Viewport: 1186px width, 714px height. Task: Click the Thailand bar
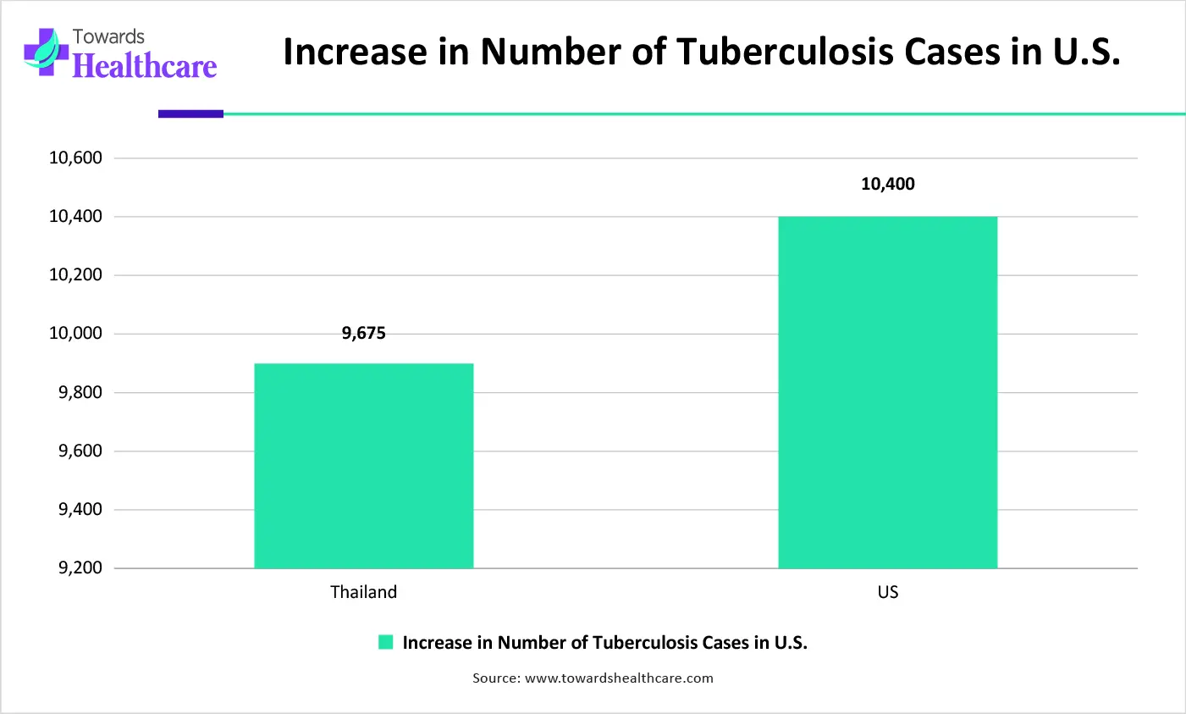(x=363, y=466)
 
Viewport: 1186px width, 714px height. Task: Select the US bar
(x=887, y=392)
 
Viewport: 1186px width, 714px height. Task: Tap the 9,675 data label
(x=364, y=334)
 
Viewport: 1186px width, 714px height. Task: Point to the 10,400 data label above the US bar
(x=887, y=185)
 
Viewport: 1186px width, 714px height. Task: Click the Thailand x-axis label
(x=363, y=592)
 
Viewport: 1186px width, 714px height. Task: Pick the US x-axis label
(x=887, y=592)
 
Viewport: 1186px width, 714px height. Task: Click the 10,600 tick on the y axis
(x=75, y=158)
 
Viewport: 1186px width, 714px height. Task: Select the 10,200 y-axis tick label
(x=75, y=275)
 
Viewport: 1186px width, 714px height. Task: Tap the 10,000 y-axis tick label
(x=75, y=334)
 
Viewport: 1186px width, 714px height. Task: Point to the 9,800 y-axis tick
(x=80, y=393)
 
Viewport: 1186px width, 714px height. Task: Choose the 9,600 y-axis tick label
(x=80, y=451)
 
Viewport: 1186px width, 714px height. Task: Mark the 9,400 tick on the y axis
(x=80, y=510)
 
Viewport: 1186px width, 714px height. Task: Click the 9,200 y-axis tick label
(x=80, y=568)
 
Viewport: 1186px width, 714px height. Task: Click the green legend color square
(x=386, y=643)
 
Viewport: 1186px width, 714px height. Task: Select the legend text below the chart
(x=604, y=643)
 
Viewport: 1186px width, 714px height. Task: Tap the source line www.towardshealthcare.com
(x=593, y=678)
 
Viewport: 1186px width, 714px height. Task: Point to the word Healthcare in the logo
(x=145, y=66)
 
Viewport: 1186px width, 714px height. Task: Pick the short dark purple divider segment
(x=190, y=113)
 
